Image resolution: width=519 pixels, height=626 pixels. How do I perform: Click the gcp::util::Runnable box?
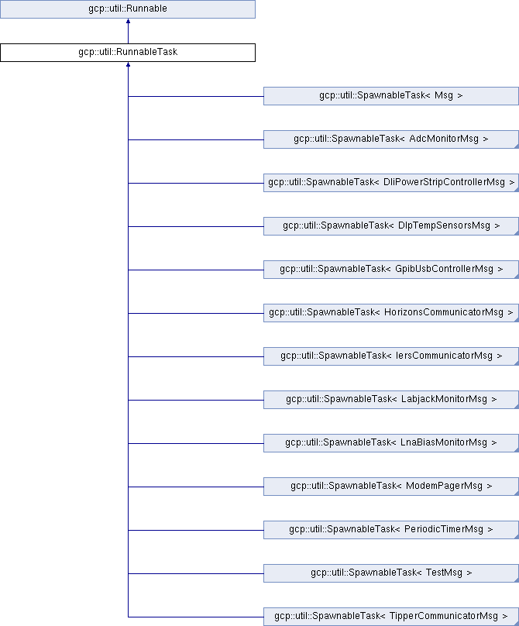pyautogui.click(x=128, y=9)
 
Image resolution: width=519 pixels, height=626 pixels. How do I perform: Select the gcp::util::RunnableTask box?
pyautogui.click(x=128, y=53)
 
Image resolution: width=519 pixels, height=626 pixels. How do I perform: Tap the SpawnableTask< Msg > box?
pyautogui.click(x=391, y=96)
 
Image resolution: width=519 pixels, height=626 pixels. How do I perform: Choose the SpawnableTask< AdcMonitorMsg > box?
pyautogui.click(x=391, y=139)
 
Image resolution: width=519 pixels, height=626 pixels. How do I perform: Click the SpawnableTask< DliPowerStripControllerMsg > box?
pyautogui.click(x=391, y=182)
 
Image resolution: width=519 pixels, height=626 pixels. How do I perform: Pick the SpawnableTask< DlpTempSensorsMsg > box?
pyautogui.click(x=391, y=226)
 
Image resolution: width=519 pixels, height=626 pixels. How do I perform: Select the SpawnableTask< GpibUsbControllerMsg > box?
pyautogui.click(x=391, y=270)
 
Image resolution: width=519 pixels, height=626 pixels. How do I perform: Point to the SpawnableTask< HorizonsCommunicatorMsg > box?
pyautogui.click(x=391, y=312)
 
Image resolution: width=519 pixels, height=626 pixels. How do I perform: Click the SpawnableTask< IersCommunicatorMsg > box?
pyautogui.click(x=391, y=356)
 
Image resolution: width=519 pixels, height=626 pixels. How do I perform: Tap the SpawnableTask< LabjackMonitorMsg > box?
pyautogui.click(x=391, y=400)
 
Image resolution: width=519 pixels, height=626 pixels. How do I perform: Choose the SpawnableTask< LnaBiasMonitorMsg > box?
pyautogui.click(x=391, y=442)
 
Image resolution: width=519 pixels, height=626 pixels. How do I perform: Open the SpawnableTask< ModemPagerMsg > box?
pyautogui.click(x=391, y=487)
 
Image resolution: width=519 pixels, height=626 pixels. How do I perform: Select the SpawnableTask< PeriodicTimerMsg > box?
pyautogui.click(x=391, y=530)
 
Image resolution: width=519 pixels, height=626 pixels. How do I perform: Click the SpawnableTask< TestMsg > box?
pyautogui.click(x=391, y=573)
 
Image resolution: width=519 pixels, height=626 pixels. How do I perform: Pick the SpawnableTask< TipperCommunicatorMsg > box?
pyautogui.click(x=391, y=617)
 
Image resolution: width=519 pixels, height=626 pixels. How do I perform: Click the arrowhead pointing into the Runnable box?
pyautogui.click(x=128, y=21)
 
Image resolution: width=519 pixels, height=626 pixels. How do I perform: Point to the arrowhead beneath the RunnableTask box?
pyautogui.click(x=128, y=64)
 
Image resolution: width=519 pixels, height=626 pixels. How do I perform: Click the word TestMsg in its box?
pyautogui.click(x=444, y=573)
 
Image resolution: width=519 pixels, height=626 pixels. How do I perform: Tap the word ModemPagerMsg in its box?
pyautogui.click(x=444, y=487)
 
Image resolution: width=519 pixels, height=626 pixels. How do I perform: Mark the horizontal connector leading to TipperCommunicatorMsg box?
pyautogui.click(x=196, y=617)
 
